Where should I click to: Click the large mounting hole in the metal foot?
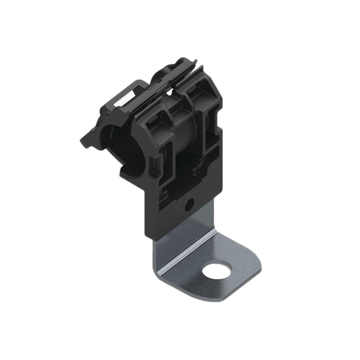click(216, 271)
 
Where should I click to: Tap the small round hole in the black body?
click(189, 205)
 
